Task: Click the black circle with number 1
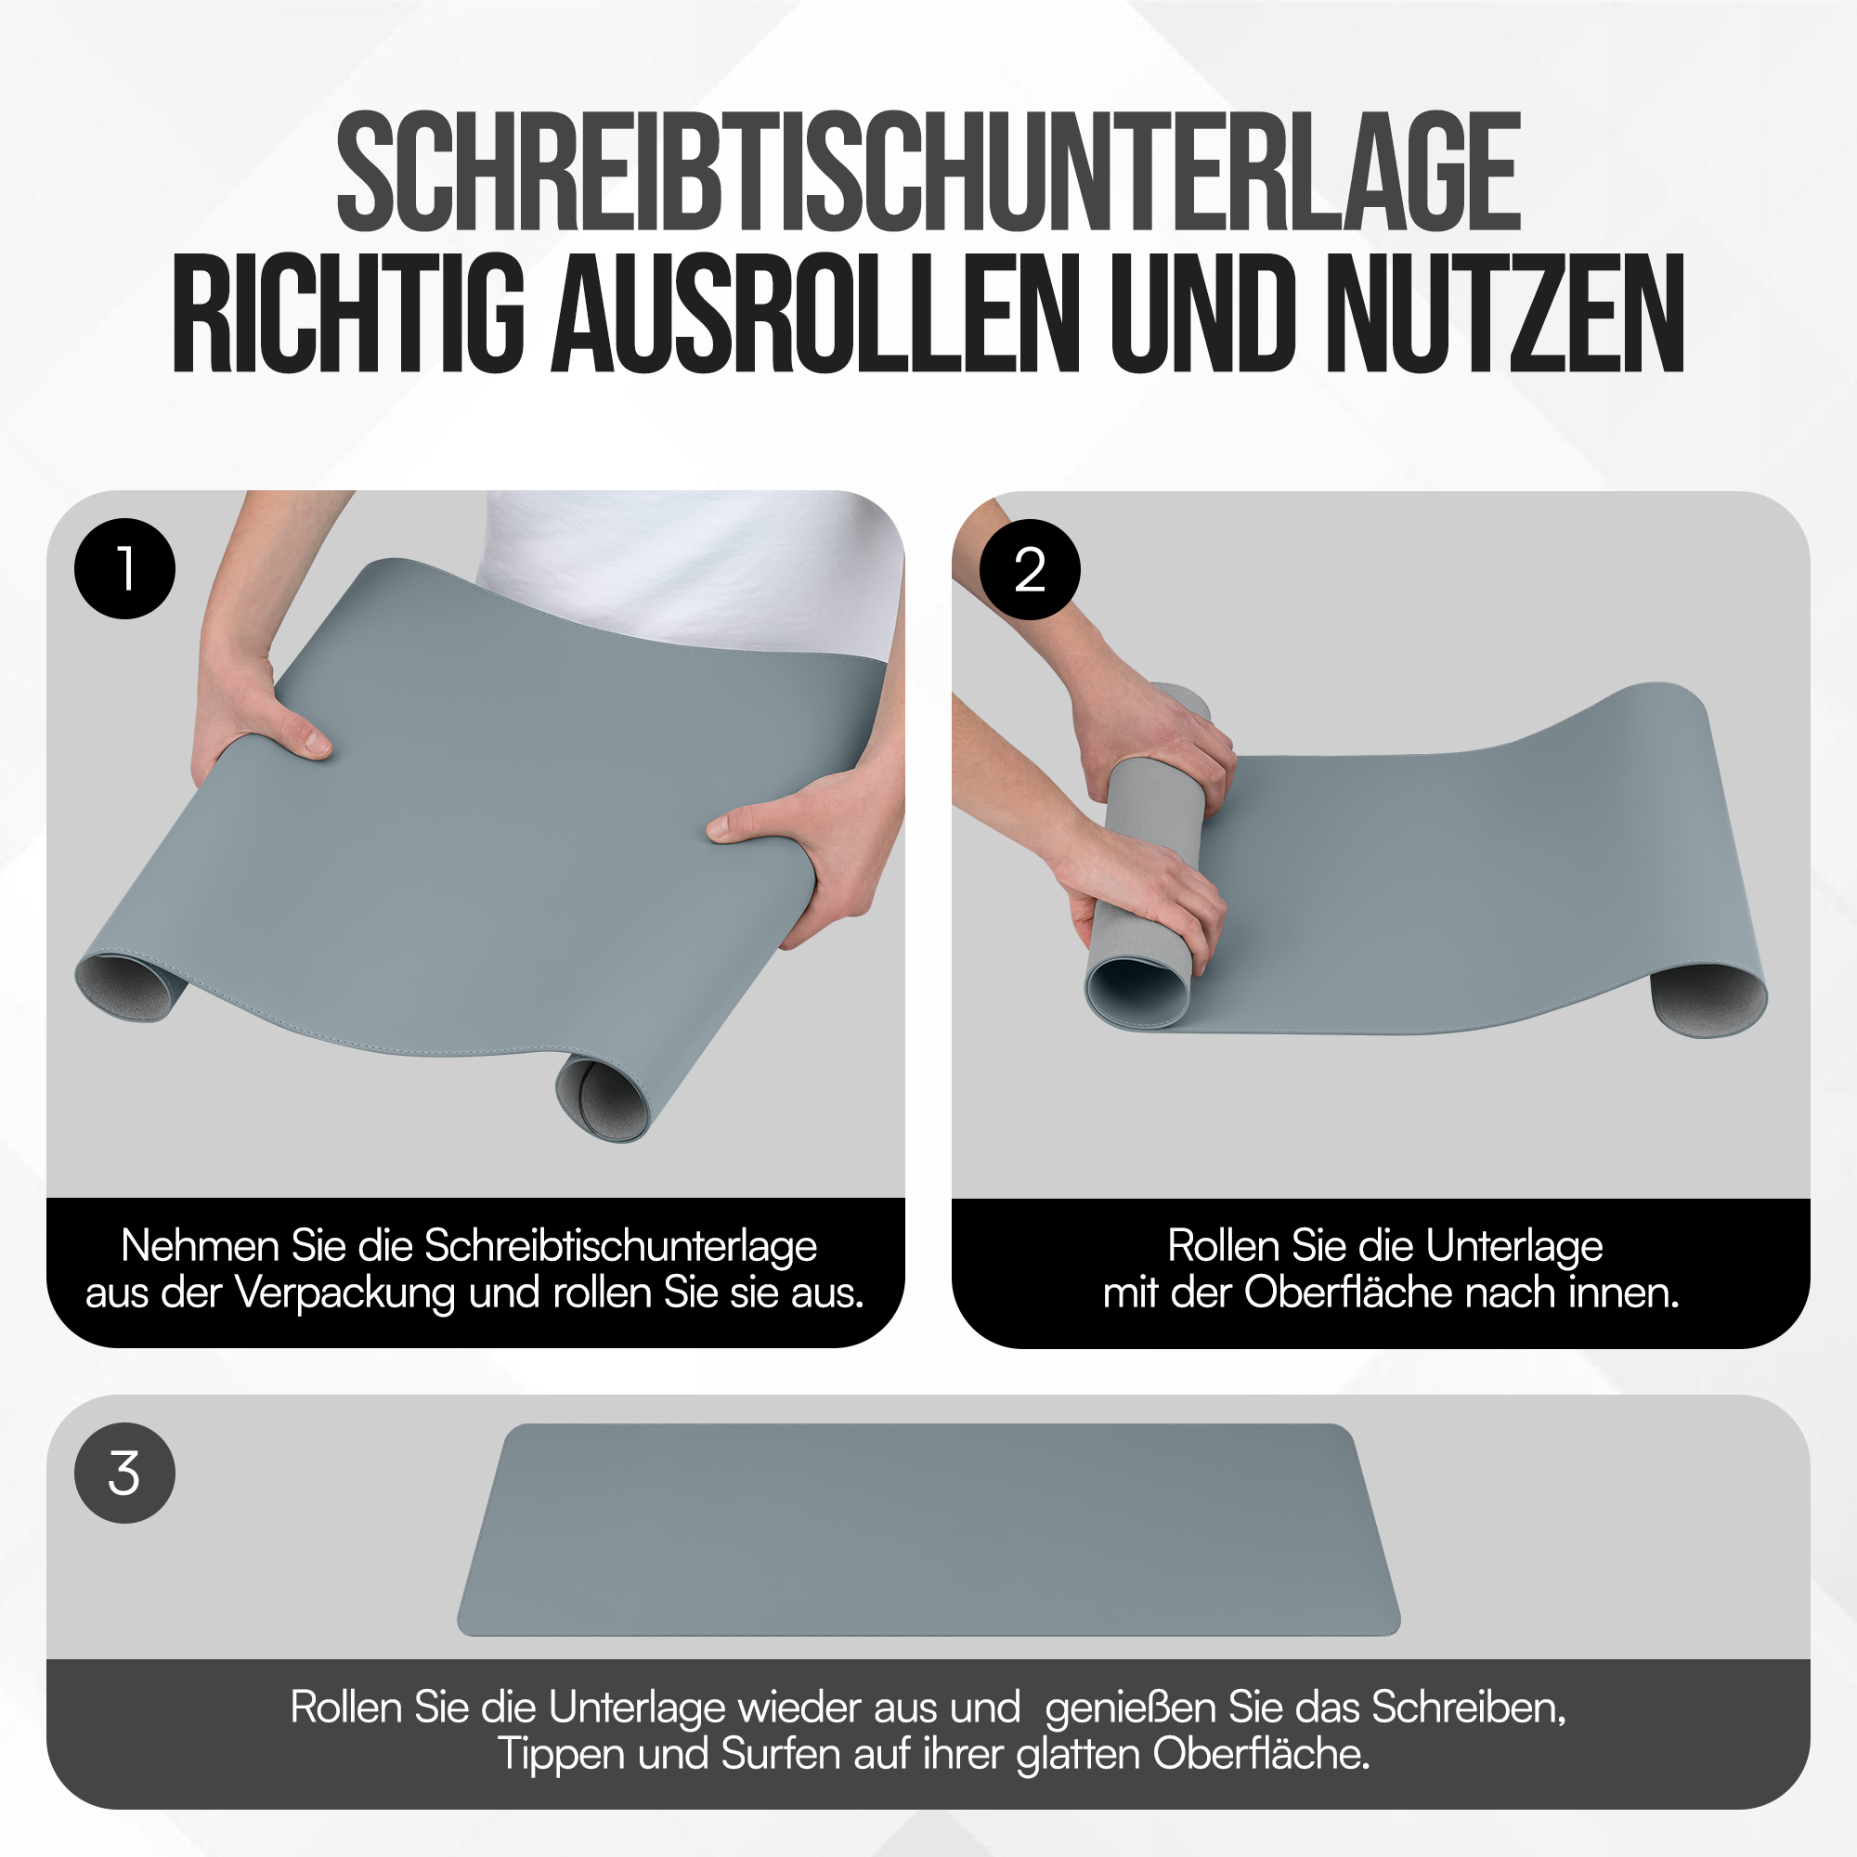point(125,568)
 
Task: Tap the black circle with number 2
point(1030,569)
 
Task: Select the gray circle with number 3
point(125,1473)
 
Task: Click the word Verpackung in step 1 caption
point(345,1293)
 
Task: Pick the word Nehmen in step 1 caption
point(199,1246)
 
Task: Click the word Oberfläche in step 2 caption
point(1347,1292)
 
